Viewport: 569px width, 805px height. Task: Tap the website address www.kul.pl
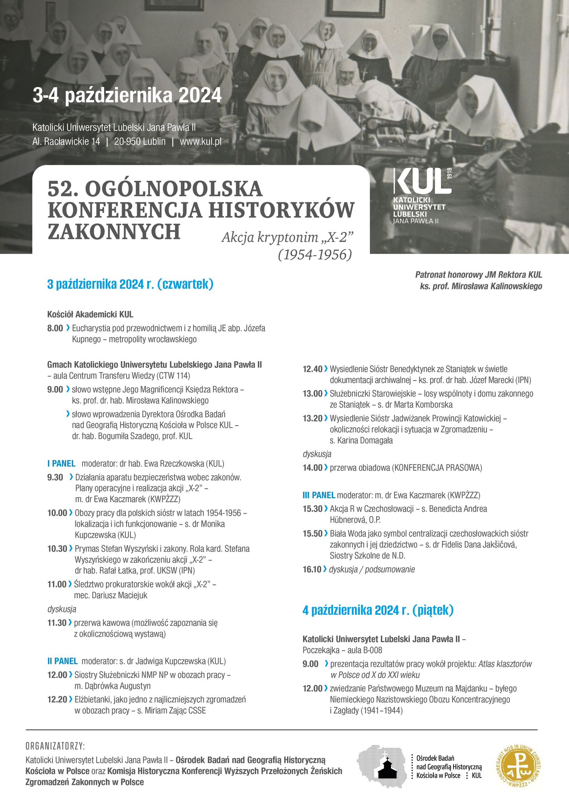(x=200, y=142)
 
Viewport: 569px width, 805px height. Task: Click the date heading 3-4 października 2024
(x=127, y=96)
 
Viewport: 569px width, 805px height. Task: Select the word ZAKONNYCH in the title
(x=114, y=232)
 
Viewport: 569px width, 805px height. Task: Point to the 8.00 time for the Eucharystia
(x=55, y=328)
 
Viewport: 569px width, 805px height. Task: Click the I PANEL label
(x=61, y=463)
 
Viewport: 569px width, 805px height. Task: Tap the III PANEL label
(x=319, y=495)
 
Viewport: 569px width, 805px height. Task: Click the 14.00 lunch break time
(x=312, y=468)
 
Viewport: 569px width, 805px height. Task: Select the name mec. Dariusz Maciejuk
(x=110, y=595)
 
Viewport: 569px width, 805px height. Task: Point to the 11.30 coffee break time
(x=57, y=623)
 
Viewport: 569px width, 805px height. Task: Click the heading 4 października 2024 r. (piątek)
(x=378, y=610)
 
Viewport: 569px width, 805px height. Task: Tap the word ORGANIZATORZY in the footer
(x=55, y=746)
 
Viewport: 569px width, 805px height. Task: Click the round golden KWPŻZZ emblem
(x=516, y=767)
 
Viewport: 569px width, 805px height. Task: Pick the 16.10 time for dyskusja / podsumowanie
(x=312, y=569)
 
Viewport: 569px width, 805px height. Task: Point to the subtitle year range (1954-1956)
(x=315, y=255)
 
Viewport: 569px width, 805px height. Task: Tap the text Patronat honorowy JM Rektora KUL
(x=479, y=275)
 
